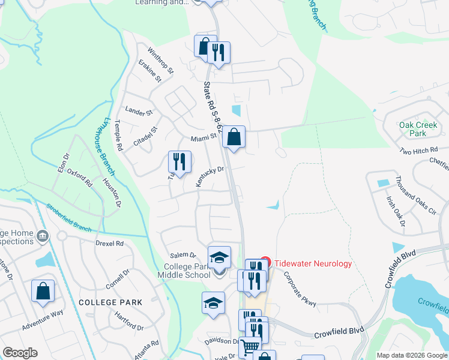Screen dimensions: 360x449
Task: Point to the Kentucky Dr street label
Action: point(210,176)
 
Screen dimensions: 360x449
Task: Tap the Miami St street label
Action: point(203,138)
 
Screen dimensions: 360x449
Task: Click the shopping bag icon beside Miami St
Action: point(234,137)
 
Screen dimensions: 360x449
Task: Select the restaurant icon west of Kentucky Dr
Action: point(179,161)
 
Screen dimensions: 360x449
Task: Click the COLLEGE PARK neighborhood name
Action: point(110,302)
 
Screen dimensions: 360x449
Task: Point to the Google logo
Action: point(20,353)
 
